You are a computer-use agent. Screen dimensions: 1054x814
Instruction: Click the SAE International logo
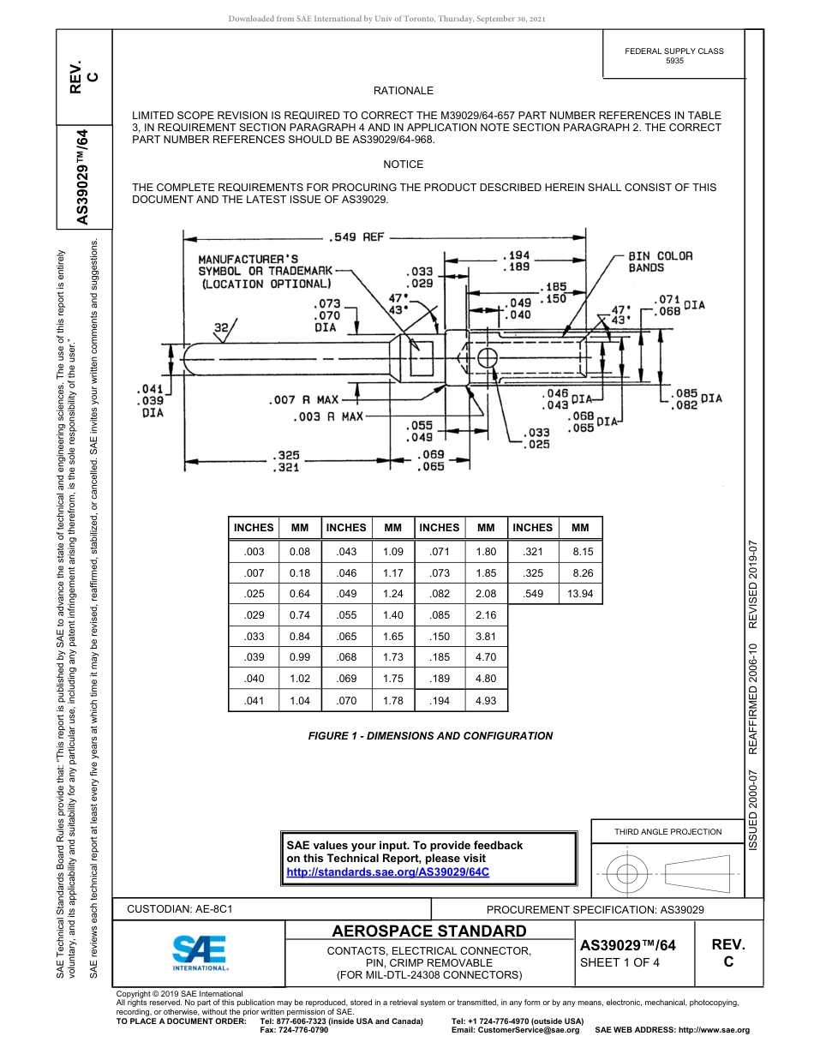point(199,952)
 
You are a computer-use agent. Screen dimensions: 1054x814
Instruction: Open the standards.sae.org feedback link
point(386,871)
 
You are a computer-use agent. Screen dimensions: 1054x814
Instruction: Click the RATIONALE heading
point(404,91)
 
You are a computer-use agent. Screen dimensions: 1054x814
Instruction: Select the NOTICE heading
point(404,164)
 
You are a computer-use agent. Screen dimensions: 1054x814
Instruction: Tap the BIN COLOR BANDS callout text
point(660,261)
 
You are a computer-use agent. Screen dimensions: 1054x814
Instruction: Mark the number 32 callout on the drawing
point(221,326)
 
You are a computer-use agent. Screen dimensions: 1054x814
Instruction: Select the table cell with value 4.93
point(486,701)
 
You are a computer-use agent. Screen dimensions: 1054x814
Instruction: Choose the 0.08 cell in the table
point(300,553)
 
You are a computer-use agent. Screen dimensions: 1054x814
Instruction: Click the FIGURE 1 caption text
point(430,736)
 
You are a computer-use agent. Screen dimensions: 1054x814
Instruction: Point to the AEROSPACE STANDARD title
point(429,931)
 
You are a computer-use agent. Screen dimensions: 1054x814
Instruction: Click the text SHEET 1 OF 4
point(620,962)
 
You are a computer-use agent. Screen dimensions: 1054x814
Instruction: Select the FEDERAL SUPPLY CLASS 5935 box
point(674,56)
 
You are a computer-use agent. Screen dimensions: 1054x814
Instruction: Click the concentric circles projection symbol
point(627,874)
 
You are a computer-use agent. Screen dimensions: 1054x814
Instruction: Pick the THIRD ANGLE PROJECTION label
point(668,831)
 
